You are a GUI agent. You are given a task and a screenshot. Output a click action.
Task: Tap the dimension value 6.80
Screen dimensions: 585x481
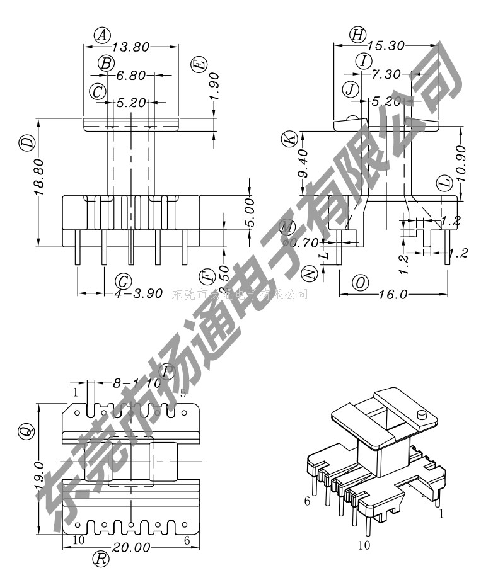click(130, 75)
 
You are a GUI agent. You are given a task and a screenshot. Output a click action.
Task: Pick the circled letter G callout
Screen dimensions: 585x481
click(124, 280)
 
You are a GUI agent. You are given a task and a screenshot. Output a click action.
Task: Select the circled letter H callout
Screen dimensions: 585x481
click(358, 35)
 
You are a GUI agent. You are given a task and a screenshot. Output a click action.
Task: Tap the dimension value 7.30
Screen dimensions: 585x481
click(386, 74)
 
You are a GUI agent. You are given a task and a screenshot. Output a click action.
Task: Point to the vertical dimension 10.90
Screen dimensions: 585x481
click(461, 163)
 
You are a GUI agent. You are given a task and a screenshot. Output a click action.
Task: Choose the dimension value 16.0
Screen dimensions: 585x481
click(395, 294)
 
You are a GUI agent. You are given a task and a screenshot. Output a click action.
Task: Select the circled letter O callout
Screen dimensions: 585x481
click(360, 283)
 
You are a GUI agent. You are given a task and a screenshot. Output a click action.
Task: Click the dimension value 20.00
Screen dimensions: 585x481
click(131, 547)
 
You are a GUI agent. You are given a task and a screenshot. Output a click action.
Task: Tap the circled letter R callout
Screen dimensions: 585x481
click(101, 558)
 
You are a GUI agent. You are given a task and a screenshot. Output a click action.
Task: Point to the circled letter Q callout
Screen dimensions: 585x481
click(25, 431)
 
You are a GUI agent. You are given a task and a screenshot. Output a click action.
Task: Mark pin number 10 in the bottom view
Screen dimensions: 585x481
click(79, 540)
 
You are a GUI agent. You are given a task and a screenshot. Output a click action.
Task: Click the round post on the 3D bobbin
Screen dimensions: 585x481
click(422, 416)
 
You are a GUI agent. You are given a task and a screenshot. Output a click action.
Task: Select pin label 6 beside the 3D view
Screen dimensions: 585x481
click(307, 501)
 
